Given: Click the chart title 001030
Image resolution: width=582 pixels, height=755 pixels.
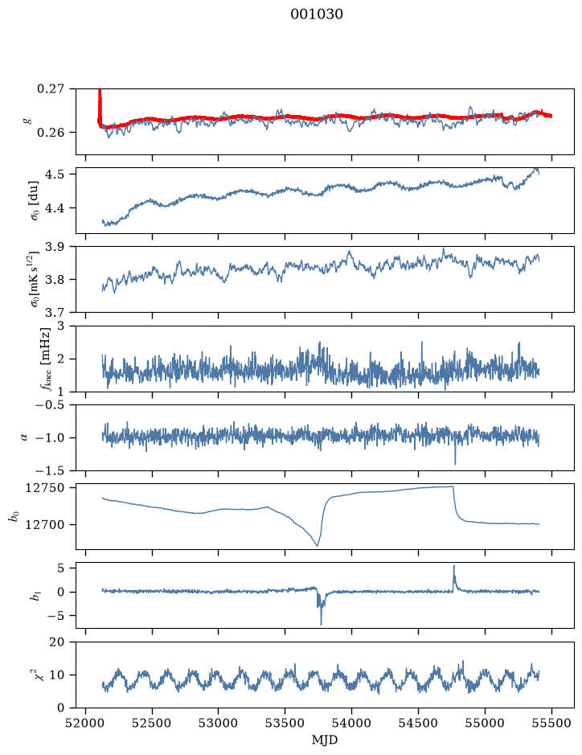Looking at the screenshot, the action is tap(316, 14).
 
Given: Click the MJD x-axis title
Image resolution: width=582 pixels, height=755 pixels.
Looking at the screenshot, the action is tap(325, 740).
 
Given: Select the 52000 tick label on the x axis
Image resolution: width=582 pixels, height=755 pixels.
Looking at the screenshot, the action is tap(86, 723).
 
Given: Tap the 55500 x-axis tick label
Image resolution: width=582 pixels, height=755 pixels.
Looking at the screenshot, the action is tap(551, 723).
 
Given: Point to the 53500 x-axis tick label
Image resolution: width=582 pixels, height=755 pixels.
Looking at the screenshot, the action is tap(285, 723).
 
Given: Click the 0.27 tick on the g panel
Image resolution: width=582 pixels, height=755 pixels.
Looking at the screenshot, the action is tap(50, 89).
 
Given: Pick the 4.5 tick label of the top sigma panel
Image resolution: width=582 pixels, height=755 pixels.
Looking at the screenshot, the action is tap(55, 174).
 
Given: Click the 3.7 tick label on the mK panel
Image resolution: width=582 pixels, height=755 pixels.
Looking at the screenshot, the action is tap(55, 313).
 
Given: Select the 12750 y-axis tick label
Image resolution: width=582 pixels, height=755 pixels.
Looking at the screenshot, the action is tap(44, 488).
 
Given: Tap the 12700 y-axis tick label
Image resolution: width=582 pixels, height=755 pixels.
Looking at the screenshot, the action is tap(44, 524).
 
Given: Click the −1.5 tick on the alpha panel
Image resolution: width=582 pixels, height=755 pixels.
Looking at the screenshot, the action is tap(50, 470).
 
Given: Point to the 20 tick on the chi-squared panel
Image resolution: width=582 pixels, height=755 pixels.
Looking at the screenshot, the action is tap(57, 642).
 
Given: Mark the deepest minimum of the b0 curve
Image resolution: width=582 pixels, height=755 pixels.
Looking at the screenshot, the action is tap(318, 546).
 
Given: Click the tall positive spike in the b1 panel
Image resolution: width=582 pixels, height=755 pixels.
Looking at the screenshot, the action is tap(453, 567).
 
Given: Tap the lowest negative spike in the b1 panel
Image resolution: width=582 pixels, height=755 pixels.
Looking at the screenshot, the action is tap(321, 624).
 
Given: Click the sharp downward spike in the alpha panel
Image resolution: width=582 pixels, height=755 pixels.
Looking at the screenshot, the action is tap(455, 463).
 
